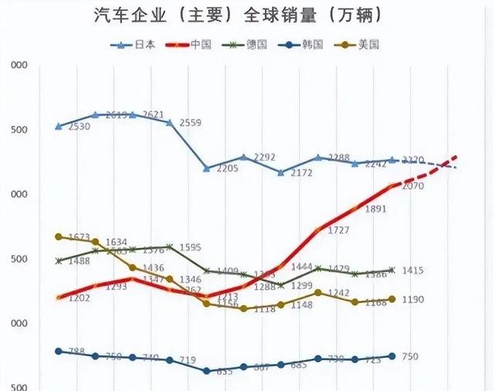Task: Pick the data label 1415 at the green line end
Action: click(x=413, y=270)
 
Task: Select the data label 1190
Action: click(x=413, y=299)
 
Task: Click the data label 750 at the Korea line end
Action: click(x=411, y=356)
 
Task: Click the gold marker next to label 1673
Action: click(x=59, y=236)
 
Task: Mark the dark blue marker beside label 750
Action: click(x=392, y=356)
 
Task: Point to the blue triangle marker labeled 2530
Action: click(x=59, y=126)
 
